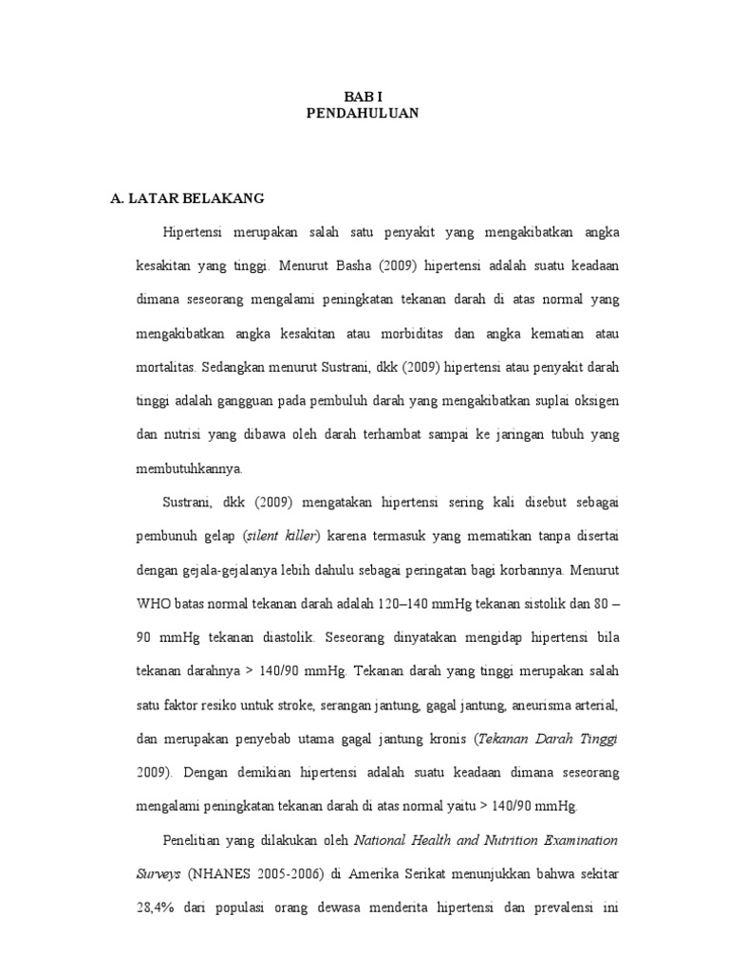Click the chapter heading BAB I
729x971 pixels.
pyautogui.click(x=364, y=96)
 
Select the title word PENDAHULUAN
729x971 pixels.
pyautogui.click(x=364, y=113)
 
